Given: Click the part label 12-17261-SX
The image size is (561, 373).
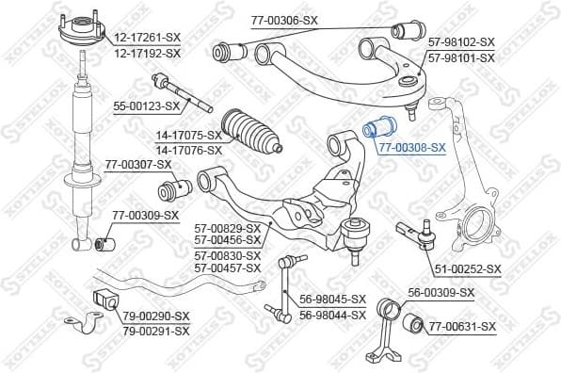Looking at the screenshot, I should tap(147, 37).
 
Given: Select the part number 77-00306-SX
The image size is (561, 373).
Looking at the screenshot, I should tap(283, 20).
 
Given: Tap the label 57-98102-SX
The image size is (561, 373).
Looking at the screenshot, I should tap(461, 42).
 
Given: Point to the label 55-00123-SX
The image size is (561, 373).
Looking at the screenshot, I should tap(146, 108).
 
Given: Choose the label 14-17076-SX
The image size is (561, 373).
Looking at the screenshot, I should tap(188, 150).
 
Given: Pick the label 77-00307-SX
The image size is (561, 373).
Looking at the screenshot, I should tap(137, 164).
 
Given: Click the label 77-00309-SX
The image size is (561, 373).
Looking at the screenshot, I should tap(145, 216).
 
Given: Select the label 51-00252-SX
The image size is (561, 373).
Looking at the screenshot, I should tap(468, 268).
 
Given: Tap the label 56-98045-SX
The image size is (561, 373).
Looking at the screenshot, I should tap(332, 300).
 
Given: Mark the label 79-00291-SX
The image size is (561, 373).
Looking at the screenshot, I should tap(155, 331).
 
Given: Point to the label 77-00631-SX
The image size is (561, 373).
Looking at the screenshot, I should tap(462, 326).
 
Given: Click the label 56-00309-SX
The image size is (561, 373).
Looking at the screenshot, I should tap(441, 293).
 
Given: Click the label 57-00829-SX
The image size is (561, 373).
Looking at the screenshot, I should tap(227, 228).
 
